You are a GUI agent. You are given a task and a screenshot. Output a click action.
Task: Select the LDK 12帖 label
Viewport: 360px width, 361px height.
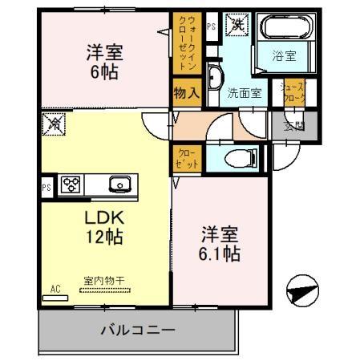pyautogui.click(x=104, y=226)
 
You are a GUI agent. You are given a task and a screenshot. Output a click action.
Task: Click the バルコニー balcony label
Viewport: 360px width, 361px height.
pyautogui.click(x=138, y=329)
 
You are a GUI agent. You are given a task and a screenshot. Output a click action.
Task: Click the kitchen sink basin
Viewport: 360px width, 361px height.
pyautogui.click(x=120, y=184)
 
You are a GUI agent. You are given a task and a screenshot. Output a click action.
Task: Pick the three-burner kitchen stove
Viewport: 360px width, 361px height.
pyautogui.click(x=71, y=184)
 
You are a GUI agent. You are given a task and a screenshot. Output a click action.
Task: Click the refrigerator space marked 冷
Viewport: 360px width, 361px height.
pyautogui.click(x=55, y=126)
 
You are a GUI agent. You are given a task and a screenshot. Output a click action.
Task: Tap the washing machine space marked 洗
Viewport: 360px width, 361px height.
pyautogui.click(x=238, y=26)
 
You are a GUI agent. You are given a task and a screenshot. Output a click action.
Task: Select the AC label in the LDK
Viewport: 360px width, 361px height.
pyautogui.click(x=56, y=287)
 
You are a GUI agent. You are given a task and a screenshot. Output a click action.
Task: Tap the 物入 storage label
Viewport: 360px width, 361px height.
pyautogui.click(x=187, y=92)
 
